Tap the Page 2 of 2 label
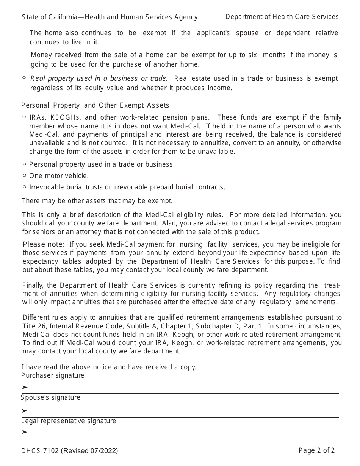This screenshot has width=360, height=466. (316, 450)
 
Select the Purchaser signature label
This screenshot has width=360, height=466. (53, 375)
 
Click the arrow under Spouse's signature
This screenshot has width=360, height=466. (25, 411)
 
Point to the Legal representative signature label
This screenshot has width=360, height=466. (69, 421)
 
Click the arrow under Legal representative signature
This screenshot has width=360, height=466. (25, 432)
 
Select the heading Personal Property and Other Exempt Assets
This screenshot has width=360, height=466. (95, 105)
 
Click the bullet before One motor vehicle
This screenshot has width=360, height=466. (24, 175)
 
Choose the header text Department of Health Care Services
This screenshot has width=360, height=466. (282, 17)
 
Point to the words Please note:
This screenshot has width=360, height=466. (43, 244)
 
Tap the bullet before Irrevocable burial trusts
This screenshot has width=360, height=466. (24, 187)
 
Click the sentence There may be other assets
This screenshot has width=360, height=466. (97, 201)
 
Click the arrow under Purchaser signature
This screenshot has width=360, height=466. (25, 387)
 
